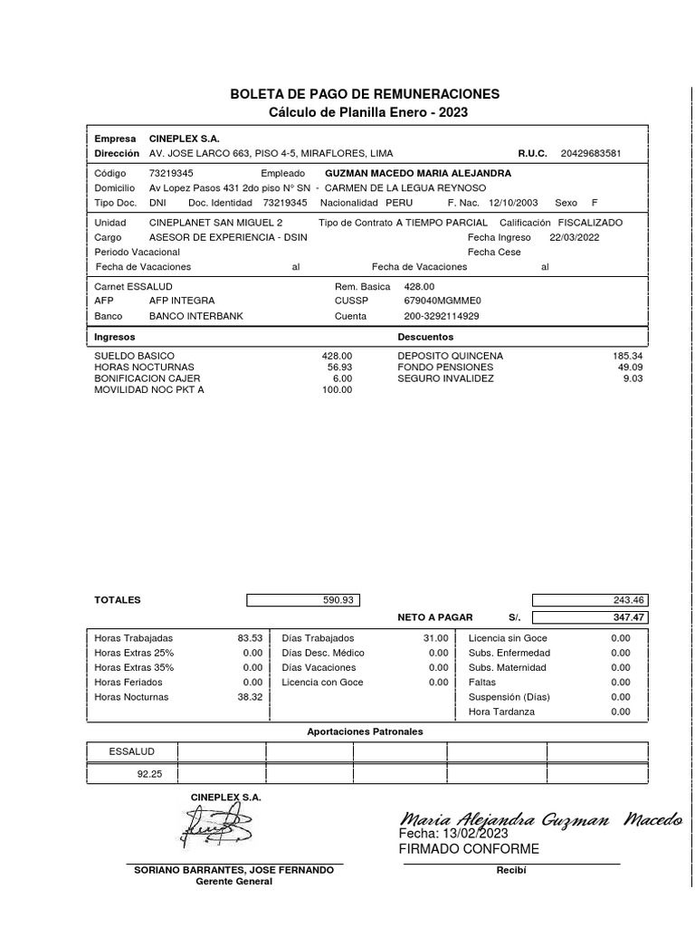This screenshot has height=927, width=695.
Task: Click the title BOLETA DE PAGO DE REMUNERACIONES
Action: click(x=365, y=94)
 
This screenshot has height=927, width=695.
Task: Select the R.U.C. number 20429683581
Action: click(x=591, y=154)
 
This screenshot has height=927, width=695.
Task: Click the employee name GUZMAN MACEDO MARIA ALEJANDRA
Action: click(x=417, y=172)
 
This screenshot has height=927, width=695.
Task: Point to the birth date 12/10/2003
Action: click(x=513, y=203)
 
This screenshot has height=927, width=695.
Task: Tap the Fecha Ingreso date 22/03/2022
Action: click(x=574, y=237)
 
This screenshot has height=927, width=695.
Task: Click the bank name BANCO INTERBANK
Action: click(x=195, y=316)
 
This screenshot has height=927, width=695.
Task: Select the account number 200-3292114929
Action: click(x=441, y=316)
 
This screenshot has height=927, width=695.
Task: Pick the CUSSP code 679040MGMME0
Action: click(x=443, y=301)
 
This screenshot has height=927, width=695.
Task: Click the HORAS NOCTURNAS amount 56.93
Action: click(x=339, y=368)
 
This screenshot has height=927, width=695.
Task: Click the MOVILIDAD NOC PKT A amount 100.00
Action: click(x=337, y=390)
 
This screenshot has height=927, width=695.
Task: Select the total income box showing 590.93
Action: click(x=304, y=599)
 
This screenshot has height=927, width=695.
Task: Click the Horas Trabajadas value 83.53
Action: click(x=249, y=638)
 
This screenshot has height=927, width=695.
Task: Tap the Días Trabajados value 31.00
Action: click(x=436, y=638)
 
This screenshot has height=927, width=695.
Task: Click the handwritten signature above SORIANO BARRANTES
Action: click(x=218, y=826)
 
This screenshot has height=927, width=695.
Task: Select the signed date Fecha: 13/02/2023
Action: click(x=453, y=834)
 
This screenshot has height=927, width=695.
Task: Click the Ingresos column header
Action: click(x=115, y=337)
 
